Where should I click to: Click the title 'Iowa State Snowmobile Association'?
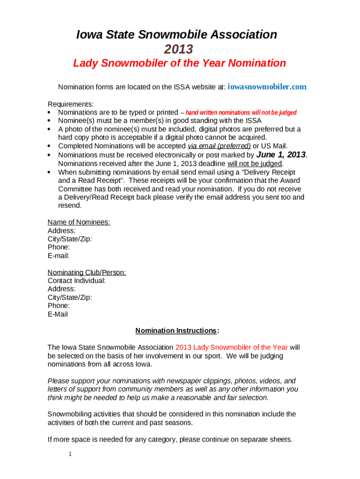click(177, 35)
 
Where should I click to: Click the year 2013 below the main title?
click(179, 49)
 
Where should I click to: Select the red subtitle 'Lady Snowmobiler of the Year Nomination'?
click(179, 63)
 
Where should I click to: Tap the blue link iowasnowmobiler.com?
click(267, 87)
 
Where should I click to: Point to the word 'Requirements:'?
click(71, 104)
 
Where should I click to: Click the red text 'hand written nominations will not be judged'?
click(241, 113)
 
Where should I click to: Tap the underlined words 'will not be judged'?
click(255, 164)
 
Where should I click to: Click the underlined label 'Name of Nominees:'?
click(79, 222)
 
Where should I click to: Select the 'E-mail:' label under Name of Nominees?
click(58, 256)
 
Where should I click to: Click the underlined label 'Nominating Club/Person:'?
click(86, 272)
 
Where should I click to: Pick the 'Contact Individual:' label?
click(77, 281)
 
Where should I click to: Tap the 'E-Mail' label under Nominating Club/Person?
click(58, 314)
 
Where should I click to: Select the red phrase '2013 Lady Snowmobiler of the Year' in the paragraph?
click(231, 348)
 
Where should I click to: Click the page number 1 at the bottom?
click(69, 454)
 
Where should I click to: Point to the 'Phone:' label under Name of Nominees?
click(59, 247)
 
